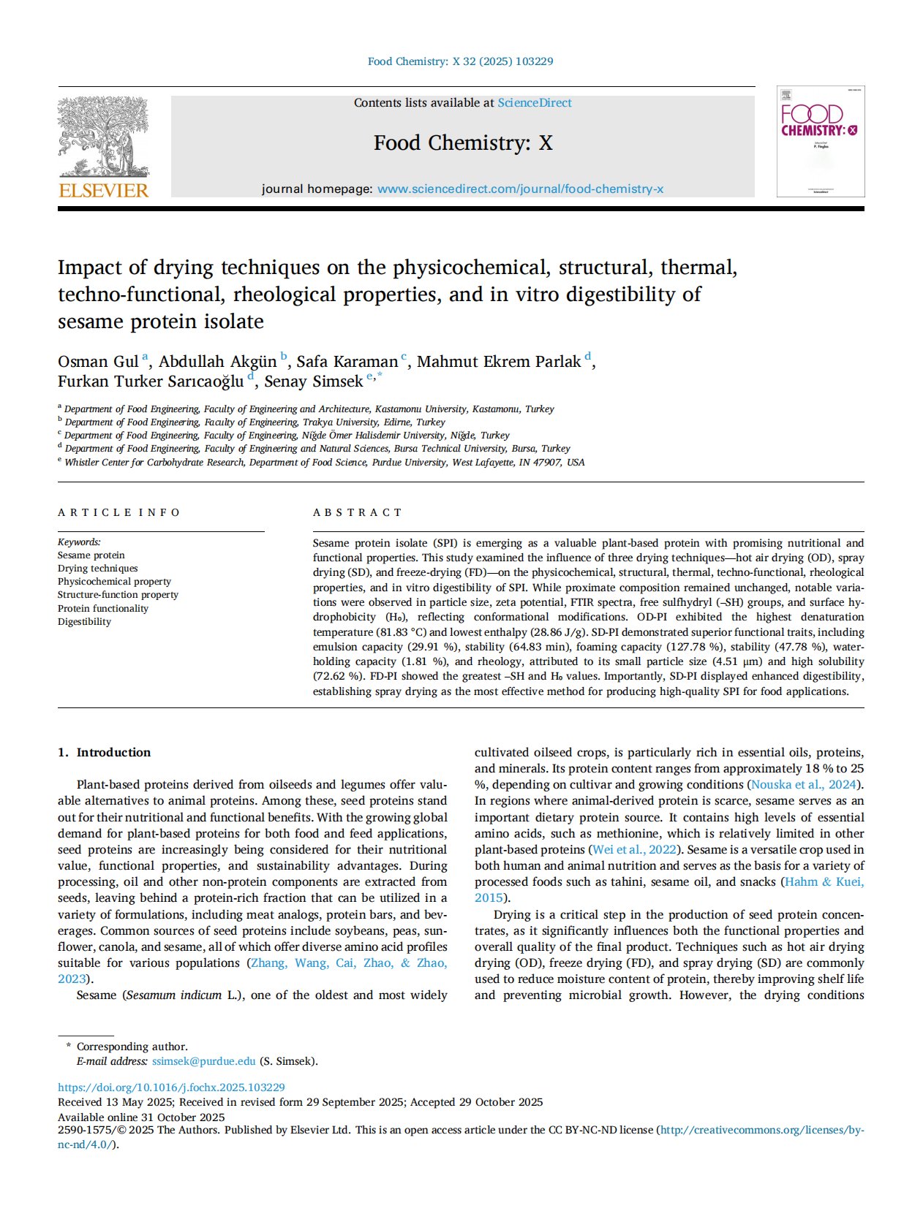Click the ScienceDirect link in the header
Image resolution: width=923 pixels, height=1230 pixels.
535,103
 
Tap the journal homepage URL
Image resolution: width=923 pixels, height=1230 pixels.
520,189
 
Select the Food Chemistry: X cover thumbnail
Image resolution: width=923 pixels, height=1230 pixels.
820,142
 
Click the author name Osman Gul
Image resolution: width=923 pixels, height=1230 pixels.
98,362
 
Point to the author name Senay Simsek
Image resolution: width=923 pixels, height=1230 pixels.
313,381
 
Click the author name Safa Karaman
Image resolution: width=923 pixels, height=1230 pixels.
347,362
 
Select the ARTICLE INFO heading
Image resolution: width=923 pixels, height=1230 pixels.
118,512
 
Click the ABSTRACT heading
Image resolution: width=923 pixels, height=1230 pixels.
357,512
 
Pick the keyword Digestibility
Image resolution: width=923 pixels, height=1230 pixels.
84,622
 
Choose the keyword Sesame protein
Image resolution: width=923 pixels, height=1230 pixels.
91,555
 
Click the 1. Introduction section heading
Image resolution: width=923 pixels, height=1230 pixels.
104,753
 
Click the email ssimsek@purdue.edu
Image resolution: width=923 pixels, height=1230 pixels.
203,1061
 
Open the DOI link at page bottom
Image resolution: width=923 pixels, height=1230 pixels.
171,1087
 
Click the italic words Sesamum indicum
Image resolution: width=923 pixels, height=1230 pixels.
173,995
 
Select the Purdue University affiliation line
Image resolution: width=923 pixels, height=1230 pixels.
324,463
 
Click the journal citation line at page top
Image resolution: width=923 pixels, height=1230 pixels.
460,61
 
